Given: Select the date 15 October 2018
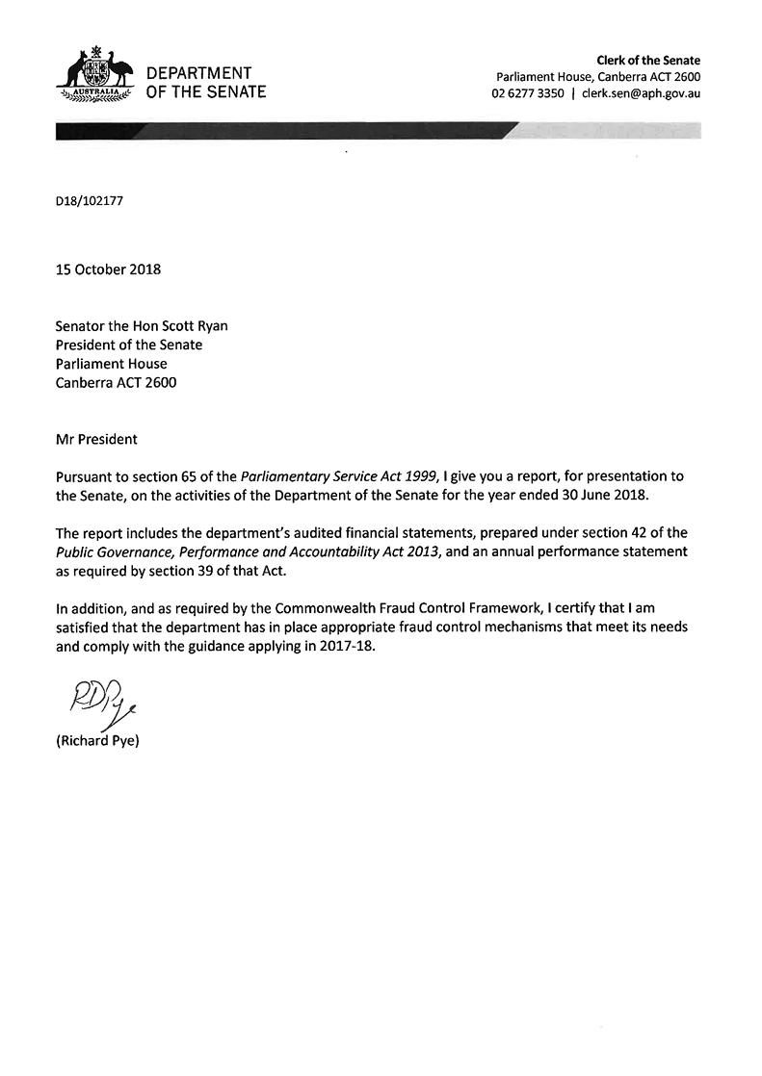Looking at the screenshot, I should click(108, 269).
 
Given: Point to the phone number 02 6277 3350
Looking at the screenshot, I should click(528, 93).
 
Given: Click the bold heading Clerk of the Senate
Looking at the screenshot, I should click(648, 61).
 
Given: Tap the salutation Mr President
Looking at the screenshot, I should click(96, 440).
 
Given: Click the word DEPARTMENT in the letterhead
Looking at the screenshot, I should click(198, 73).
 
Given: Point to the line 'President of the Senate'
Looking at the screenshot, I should click(129, 345).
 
